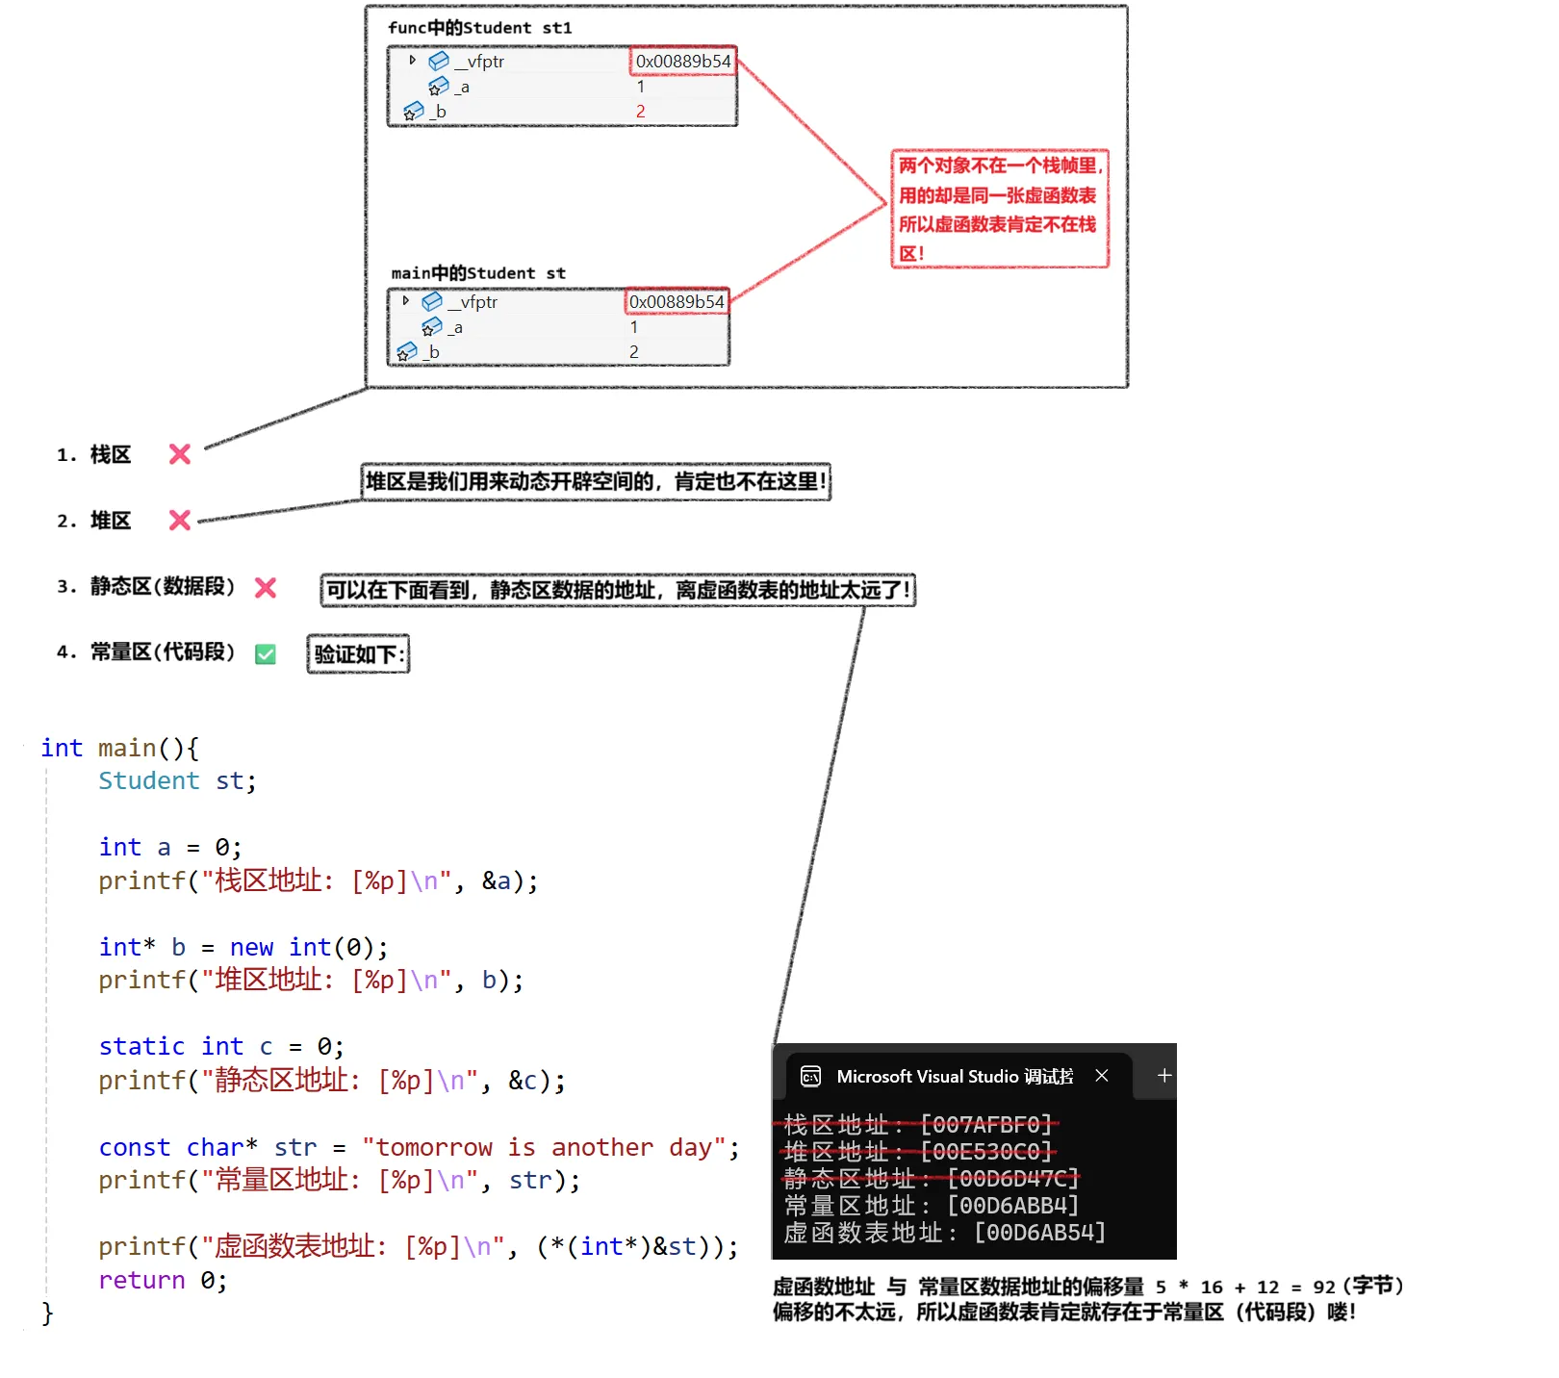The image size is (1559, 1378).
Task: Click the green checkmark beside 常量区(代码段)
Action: tap(266, 654)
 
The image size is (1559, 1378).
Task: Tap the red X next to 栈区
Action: tap(180, 454)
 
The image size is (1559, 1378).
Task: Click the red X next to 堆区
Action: tap(180, 521)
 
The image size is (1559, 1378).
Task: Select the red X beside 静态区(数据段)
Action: tap(266, 588)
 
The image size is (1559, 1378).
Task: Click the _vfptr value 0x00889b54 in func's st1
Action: tap(683, 62)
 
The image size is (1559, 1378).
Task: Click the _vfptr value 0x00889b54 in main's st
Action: tap(677, 302)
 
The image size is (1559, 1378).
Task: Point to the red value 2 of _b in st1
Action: tap(641, 112)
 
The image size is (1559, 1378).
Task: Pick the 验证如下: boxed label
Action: tap(359, 654)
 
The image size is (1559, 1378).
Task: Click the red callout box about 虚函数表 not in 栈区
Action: tap(1000, 209)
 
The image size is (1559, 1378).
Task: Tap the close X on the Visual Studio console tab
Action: tap(1102, 1076)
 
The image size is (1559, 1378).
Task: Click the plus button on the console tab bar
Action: tap(1164, 1076)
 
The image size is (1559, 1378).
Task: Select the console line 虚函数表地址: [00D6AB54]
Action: tap(944, 1233)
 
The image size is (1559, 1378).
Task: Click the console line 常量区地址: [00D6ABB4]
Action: tap(931, 1206)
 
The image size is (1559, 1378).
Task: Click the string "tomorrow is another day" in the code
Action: tap(544, 1147)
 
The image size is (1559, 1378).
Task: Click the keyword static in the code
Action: tap(141, 1047)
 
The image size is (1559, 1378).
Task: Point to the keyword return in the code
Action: tap(141, 1281)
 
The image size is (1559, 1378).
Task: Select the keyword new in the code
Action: tap(251, 948)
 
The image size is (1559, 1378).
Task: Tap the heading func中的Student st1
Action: tap(479, 28)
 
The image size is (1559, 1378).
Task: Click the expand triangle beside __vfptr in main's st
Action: tap(406, 301)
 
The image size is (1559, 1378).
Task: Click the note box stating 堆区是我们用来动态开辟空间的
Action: tap(596, 481)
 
